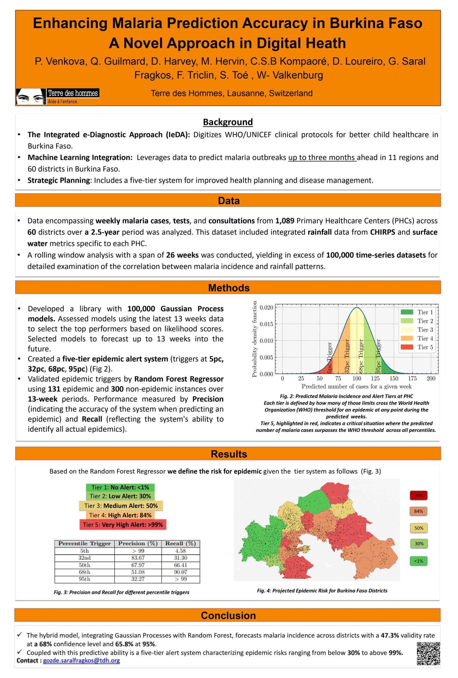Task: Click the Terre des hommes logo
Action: [x=58, y=96]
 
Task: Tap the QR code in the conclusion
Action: [x=428, y=653]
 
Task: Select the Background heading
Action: [x=228, y=122]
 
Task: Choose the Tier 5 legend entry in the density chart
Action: [x=417, y=347]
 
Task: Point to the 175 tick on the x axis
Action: [x=412, y=378]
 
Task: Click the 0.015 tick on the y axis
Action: [x=266, y=324]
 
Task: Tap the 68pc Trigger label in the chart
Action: [x=361, y=356]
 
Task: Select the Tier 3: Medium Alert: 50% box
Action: [x=121, y=506]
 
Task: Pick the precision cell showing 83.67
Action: [x=138, y=558]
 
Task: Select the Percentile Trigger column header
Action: [x=84, y=543]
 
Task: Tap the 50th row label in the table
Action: [x=84, y=565]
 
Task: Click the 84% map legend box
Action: [x=418, y=511]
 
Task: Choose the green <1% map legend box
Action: [x=418, y=561]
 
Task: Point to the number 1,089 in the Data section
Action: [x=284, y=221]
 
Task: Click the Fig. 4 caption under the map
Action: [x=322, y=591]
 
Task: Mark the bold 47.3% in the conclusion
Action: [x=390, y=635]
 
